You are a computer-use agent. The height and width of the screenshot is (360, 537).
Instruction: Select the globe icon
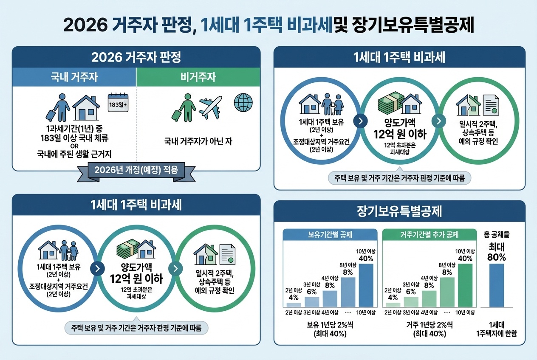pyautogui.click(x=243, y=102)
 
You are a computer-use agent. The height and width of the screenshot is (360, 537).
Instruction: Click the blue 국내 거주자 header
pyautogui.click(x=74, y=77)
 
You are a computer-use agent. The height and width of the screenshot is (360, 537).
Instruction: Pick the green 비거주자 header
pyautogui.click(x=198, y=77)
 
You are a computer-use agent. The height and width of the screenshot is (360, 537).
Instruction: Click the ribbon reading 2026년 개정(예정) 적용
pyautogui.click(x=136, y=171)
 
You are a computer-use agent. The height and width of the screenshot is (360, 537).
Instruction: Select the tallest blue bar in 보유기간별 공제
pyautogui.click(x=366, y=285)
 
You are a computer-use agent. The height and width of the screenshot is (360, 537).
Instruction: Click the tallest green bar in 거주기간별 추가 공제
pyautogui.click(x=464, y=285)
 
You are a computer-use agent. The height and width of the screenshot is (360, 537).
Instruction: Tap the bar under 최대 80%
pyautogui.click(x=497, y=285)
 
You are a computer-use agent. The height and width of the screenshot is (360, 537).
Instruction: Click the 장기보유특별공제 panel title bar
pyautogui.click(x=400, y=211)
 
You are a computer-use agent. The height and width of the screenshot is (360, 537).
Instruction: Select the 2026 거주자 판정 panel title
pyautogui.click(x=136, y=57)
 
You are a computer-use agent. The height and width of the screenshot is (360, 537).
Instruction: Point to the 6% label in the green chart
pyautogui.click(x=411, y=292)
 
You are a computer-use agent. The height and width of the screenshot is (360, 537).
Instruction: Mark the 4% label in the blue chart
pyautogui.click(x=294, y=297)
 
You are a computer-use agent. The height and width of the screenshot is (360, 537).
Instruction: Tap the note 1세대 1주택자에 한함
pyautogui.click(x=497, y=329)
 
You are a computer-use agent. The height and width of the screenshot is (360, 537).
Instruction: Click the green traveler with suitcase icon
pyautogui.click(x=183, y=108)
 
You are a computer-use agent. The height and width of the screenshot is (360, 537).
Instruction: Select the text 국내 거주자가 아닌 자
pyautogui.click(x=198, y=141)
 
